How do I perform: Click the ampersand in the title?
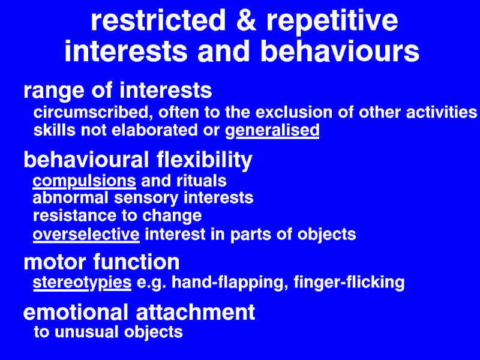246,20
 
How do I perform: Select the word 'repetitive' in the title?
332,22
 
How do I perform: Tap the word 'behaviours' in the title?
340,51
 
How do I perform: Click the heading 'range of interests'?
118,91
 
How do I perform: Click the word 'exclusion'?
294,112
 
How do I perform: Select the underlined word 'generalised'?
272,131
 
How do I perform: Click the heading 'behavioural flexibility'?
138,160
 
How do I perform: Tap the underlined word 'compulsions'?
84,181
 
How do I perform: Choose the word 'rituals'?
202,181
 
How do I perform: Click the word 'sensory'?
146,199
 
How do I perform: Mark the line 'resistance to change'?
117,216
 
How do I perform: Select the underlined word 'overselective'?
86,235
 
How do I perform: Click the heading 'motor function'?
101,262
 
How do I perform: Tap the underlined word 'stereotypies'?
82,283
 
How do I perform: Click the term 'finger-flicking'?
349,283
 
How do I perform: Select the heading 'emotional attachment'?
139,312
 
